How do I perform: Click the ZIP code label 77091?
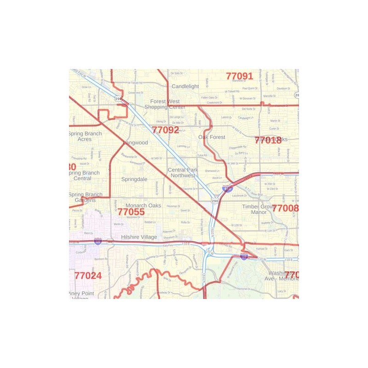(240, 76)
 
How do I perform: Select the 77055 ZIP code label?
(131, 212)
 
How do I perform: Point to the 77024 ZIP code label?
(88, 276)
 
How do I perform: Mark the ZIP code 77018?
(268, 141)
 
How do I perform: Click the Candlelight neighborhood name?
(185, 86)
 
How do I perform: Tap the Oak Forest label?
(212, 137)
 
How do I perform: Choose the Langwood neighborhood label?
(135, 143)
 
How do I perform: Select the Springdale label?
(134, 179)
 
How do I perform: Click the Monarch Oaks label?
(144, 206)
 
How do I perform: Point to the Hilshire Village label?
(139, 237)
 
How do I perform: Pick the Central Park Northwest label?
(183, 172)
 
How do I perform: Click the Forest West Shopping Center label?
(165, 104)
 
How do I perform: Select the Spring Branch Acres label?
(85, 136)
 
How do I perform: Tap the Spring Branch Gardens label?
(85, 197)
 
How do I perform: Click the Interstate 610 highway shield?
(227, 189)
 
